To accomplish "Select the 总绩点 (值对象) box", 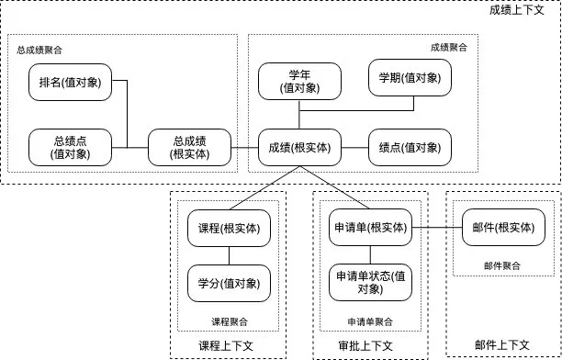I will tap(70, 147).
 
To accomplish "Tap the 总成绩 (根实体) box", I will tap(189, 147).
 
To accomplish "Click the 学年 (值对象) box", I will tap(299, 83).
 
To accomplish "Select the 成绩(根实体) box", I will tap(299, 147).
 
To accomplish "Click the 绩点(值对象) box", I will tap(410, 147).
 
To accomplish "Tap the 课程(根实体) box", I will tap(229, 228).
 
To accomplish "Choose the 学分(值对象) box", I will tap(229, 282).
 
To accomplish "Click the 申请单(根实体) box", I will tap(367, 228).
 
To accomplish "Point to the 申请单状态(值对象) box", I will tap(367, 282).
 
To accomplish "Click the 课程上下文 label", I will tap(230, 346).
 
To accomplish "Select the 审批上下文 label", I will tap(365, 346).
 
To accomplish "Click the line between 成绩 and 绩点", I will tap(354, 147).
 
